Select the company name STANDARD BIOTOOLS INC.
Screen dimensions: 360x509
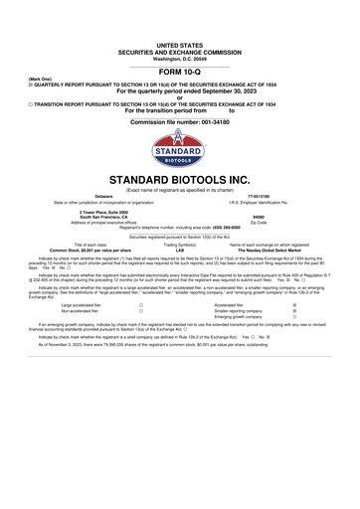[x=180, y=180]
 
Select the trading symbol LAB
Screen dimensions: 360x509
[x=180, y=250]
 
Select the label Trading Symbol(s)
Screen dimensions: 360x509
[x=180, y=244]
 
